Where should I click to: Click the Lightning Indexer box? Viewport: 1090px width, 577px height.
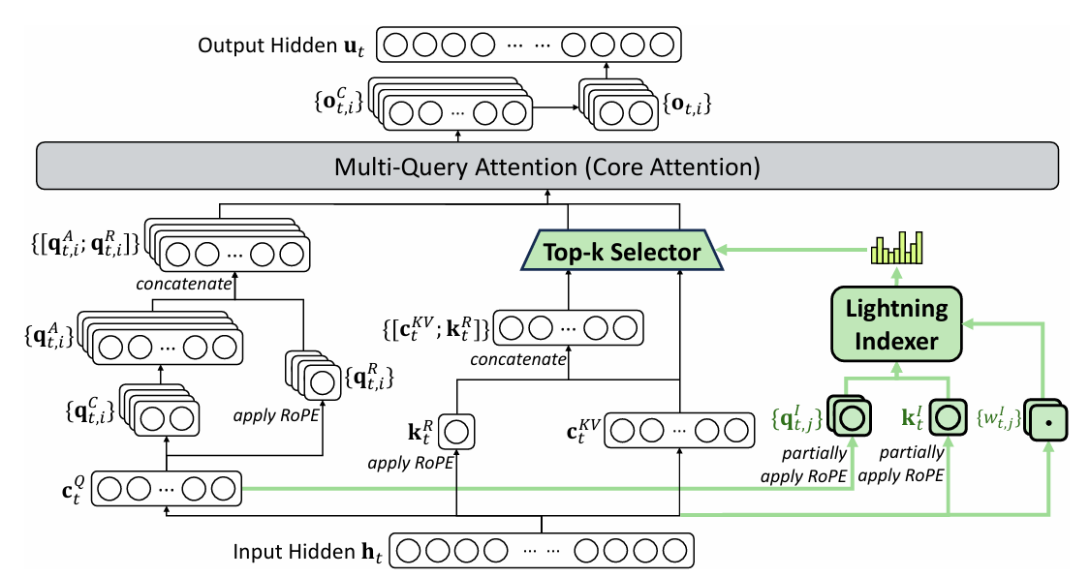point(896,324)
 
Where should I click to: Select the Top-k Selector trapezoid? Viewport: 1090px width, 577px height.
point(621,252)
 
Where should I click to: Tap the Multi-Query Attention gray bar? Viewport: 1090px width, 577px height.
point(547,166)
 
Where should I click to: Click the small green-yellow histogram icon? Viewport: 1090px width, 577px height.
point(897,248)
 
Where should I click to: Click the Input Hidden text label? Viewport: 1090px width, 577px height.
point(306,552)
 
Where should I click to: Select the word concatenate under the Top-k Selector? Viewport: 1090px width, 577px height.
point(518,360)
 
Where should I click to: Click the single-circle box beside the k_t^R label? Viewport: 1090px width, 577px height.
point(456,432)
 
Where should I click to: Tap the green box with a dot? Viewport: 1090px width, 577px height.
point(1047,421)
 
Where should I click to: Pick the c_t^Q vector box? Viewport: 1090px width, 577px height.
point(166,489)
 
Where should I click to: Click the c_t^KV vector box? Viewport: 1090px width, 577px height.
point(679,431)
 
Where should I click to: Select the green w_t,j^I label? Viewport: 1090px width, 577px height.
point(999,417)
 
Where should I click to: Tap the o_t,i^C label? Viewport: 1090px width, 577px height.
point(338,102)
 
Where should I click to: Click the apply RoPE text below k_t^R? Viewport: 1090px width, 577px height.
point(410,463)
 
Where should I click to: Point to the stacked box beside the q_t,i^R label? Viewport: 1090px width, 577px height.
point(314,376)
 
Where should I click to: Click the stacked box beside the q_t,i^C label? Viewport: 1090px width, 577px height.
point(159,410)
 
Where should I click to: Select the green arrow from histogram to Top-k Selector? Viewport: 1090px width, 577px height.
point(794,250)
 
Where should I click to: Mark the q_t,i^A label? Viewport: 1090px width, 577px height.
point(48,337)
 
